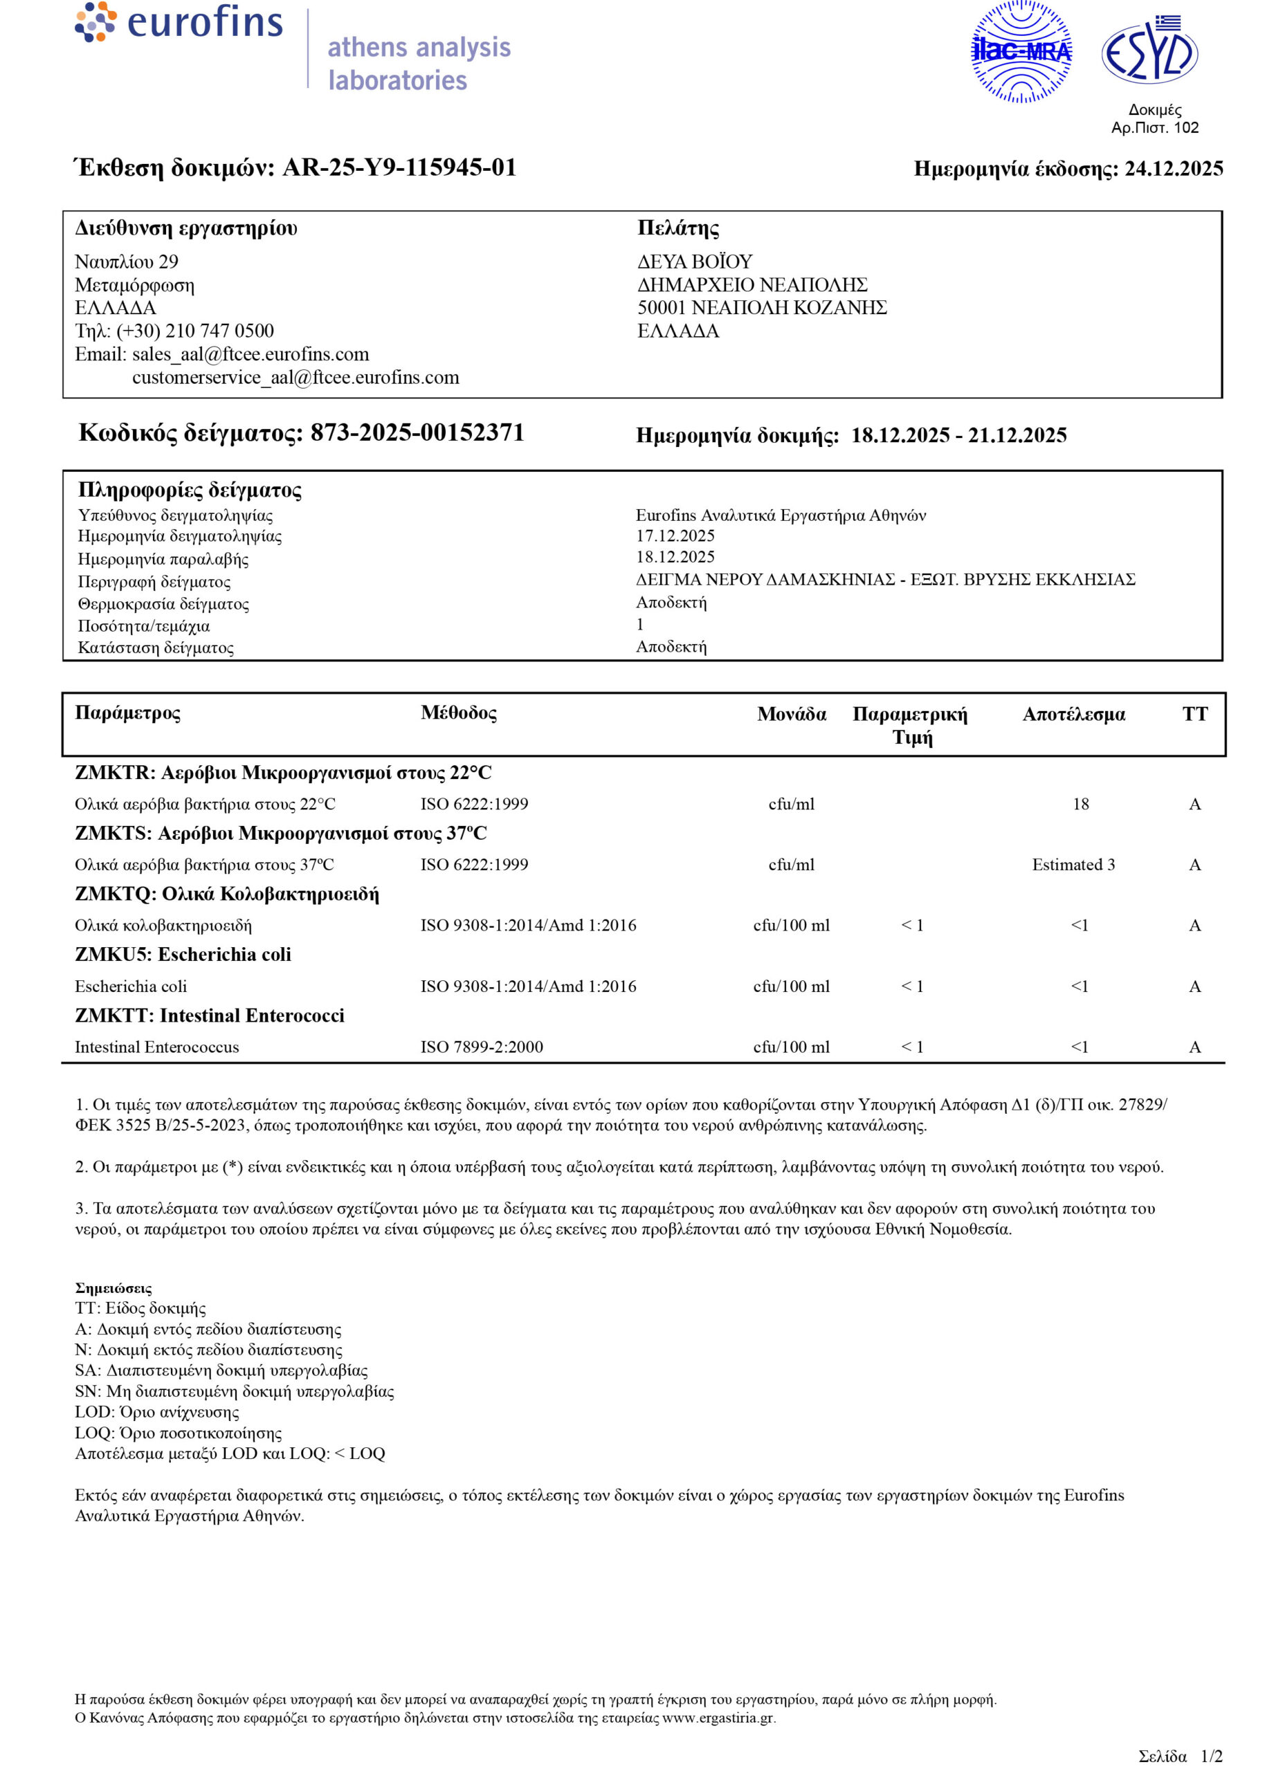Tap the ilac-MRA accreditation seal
(x=1021, y=52)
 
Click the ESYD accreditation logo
(x=1149, y=51)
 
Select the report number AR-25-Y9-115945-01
(x=399, y=167)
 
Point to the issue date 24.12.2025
(x=1173, y=169)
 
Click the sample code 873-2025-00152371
(x=417, y=433)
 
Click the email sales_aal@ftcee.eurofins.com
(x=250, y=354)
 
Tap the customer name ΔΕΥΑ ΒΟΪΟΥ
(x=695, y=261)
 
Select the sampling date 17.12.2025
(x=675, y=535)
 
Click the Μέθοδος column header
(x=458, y=713)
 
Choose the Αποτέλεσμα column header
(x=1073, y=714)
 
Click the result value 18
(x=1080, y=804)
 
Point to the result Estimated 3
(x=1073, y=865)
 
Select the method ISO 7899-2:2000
(x=482, y=1047)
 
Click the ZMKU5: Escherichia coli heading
(x=183, y=955)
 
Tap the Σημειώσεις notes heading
(x=113, y=1288)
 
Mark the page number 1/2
(x=1211, y=1756)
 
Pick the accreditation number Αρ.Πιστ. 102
(x=1154, y=128)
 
